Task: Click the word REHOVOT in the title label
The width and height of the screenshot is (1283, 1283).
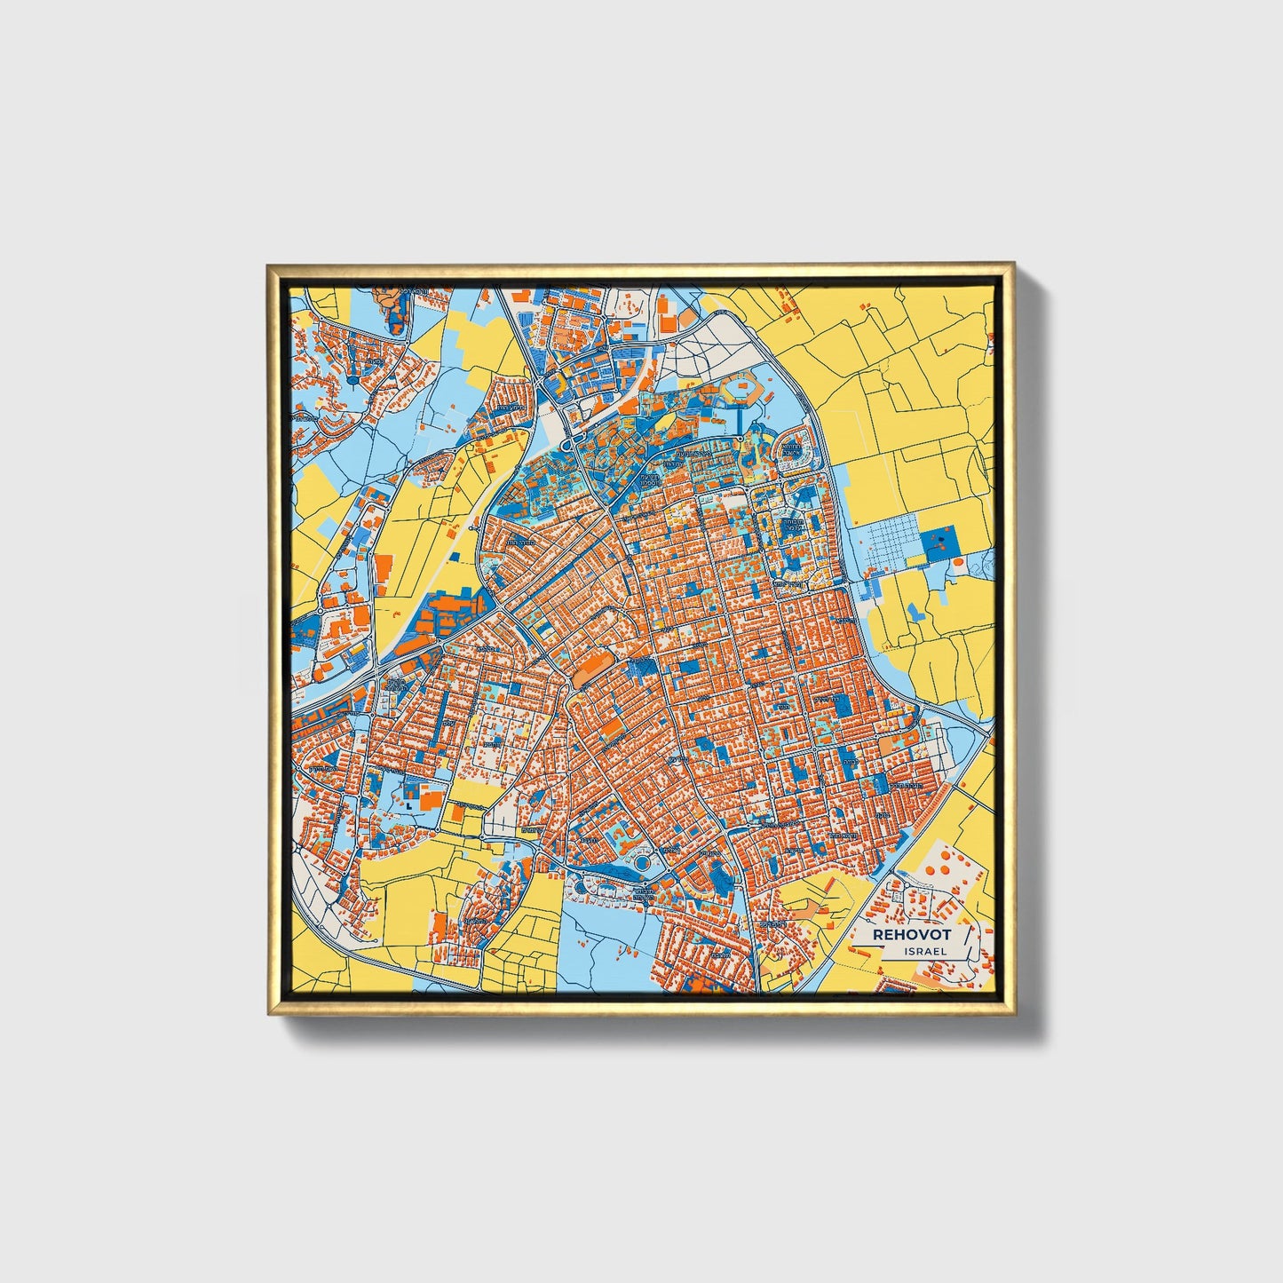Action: pyautogui.click(x=912, y=934)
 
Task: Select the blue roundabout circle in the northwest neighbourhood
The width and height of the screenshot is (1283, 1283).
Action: pyautogui.click(x=352, y=380)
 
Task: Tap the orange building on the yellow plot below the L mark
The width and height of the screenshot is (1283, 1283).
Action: pyautogui.click(x=457, y=812)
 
